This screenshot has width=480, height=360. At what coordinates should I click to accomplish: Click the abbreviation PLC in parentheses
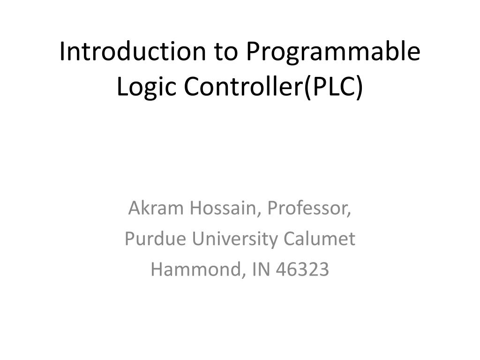coord(332,86)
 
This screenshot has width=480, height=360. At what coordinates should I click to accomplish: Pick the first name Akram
coord(156,208)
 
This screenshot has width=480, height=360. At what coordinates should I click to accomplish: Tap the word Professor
coord(309,208)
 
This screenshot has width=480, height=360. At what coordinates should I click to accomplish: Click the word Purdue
coord(152,239)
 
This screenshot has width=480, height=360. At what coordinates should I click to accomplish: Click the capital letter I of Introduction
coord(62,52)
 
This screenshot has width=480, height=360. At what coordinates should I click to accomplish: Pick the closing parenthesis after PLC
coord(359,87)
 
